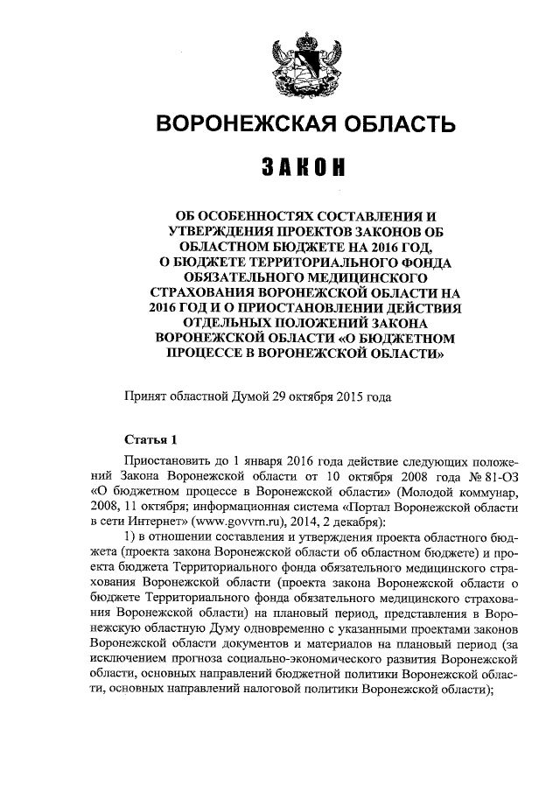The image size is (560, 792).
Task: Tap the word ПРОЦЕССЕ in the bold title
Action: (219, 355)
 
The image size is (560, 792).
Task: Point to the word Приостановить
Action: (171, 460)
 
